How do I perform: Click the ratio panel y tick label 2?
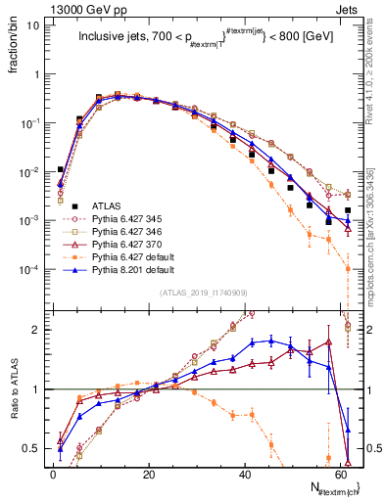coord(35,330)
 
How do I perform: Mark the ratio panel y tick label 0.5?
coord(31,448)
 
